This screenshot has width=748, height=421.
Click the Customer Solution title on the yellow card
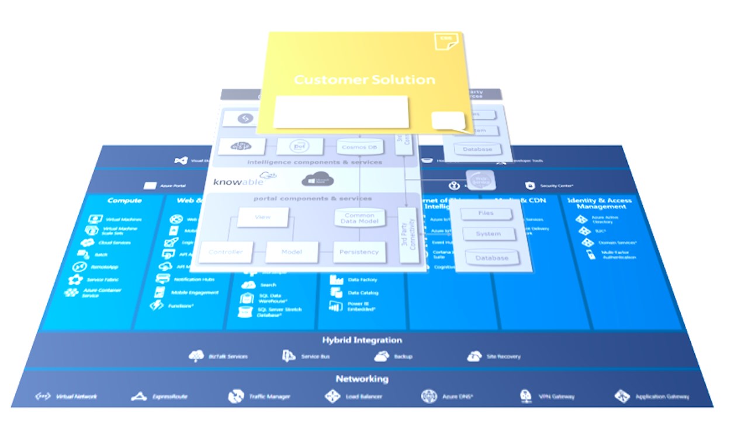point(364,80)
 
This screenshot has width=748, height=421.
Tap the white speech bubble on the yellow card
point(448,121)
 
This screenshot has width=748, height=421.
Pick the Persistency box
point(359,252)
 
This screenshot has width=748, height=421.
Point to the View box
point(263,217)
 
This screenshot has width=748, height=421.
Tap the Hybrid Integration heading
point(362,340)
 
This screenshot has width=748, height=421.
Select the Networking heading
point(362,379)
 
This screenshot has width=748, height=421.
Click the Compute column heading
point(124,201)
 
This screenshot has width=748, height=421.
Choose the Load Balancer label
point(363,396)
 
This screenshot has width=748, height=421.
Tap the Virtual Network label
point(75,396)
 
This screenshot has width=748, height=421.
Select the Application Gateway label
point(662,396)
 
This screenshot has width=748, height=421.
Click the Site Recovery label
point(503,356)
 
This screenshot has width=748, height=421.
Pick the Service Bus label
point(315,356)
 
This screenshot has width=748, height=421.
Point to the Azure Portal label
point(172,186)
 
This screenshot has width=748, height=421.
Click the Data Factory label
point(363,280)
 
